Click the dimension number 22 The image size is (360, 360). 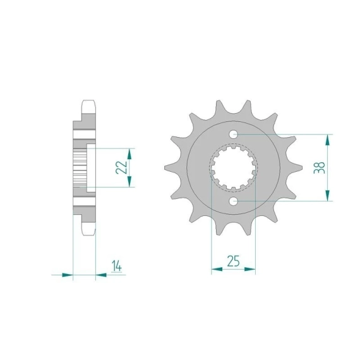pos(121,167)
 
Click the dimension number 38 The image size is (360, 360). pos(320,167)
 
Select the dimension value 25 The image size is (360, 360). pos(233,261)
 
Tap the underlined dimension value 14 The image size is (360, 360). pos(117,266)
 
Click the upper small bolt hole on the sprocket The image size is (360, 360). pos(234,135)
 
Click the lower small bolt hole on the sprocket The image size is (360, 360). pos(234,202)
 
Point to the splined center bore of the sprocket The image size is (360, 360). pos(233,168)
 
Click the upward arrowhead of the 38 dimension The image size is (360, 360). pos(328,140)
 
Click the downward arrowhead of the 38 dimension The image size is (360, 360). pos(328,195)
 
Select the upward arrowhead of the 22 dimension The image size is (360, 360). pos(129,154)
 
